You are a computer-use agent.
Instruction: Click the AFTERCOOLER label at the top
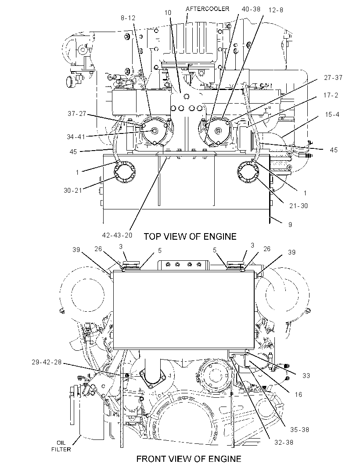207,9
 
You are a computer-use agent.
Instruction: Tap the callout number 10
168,13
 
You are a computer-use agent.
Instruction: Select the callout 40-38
251,9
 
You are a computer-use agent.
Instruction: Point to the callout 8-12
128,18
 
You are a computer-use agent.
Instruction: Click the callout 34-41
76,137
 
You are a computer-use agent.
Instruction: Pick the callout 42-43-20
117,235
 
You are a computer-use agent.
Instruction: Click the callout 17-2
331,95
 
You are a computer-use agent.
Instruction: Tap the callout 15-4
332,114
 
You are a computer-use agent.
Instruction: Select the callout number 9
290,224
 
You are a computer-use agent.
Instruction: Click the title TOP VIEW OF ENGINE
190,236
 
